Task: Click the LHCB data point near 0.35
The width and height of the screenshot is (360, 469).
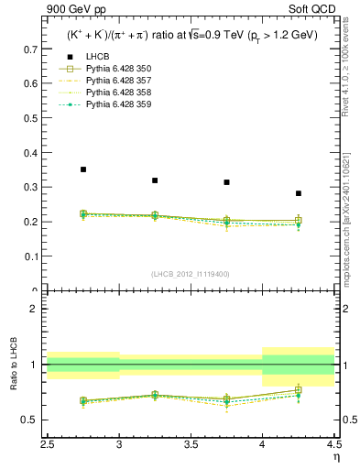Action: (83, 169)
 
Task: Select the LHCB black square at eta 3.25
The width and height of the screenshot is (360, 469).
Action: (155, 180)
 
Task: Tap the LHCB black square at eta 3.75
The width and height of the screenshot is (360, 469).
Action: (226, 182)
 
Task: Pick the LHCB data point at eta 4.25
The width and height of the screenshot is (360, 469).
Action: (298, 193)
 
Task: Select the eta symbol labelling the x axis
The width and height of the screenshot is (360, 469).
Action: (335, 455)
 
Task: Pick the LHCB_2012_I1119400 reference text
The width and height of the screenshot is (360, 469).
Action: (190, 274)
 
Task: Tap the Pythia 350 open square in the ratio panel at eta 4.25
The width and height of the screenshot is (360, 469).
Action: (298, 390)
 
